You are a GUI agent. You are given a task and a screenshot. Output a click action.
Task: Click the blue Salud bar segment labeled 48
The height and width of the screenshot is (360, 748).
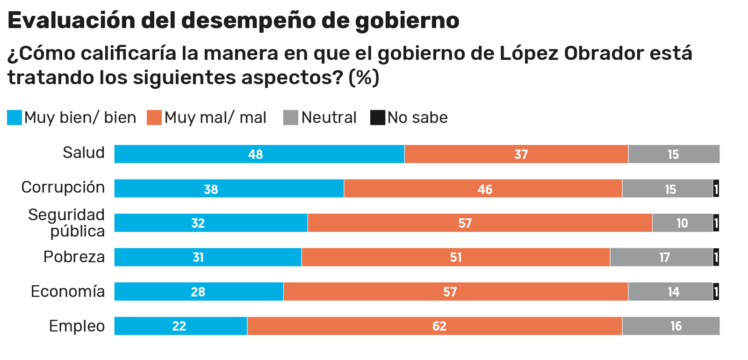point(259,154)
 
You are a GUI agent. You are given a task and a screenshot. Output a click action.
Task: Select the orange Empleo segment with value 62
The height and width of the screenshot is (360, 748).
point(434,326)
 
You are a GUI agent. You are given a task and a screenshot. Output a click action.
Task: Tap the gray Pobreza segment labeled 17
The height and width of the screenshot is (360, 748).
point(661,257)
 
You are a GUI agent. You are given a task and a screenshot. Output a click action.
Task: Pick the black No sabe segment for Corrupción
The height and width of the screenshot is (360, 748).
point(716,188)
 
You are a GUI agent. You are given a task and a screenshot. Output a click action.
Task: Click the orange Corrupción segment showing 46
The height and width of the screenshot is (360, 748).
point(482,188)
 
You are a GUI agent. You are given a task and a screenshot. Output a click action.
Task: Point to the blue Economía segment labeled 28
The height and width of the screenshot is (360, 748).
point(199,291)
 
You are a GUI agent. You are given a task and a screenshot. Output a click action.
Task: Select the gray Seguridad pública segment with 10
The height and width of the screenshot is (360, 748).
point(682,223)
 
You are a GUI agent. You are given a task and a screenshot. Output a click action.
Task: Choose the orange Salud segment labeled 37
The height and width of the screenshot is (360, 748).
point(516,154)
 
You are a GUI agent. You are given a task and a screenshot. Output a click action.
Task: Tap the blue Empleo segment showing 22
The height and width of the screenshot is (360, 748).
point(180,326)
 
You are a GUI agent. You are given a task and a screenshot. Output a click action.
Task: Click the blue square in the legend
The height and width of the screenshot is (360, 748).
point(14,117)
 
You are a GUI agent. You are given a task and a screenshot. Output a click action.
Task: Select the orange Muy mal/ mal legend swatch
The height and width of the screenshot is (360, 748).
point(154,117)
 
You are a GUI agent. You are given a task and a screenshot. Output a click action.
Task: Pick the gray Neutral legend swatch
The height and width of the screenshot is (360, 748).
point(291,117)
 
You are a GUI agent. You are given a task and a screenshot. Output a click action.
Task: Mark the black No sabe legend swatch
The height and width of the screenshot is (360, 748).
point(377,117)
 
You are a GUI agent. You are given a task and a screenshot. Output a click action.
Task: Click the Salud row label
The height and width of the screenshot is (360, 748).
point(84,153)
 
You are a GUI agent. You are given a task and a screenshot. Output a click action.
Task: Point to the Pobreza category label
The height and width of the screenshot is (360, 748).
point(74,257)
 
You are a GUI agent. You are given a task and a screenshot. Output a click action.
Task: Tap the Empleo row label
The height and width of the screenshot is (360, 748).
point(77,326)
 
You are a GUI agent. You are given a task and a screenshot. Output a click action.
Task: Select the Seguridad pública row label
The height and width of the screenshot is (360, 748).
point(66,223)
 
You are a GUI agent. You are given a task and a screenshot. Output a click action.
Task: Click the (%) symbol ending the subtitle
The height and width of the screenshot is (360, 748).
point(364,78)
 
